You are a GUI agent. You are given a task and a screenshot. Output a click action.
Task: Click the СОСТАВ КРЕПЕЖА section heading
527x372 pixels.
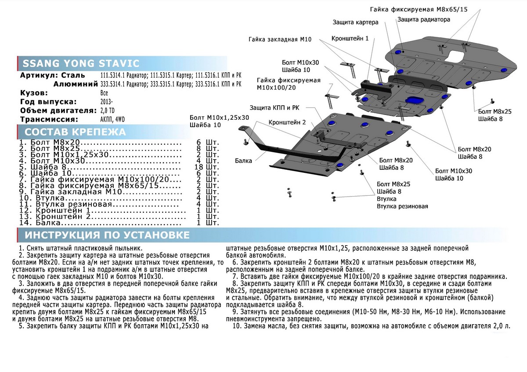click(75, 132)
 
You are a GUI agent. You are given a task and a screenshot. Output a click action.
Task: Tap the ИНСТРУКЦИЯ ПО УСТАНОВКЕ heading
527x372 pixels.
click(107, 235)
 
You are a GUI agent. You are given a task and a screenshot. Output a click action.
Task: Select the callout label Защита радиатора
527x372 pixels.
click(423, 20)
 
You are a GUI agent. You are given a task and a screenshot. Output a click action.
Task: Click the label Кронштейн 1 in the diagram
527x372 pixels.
click(350, 39)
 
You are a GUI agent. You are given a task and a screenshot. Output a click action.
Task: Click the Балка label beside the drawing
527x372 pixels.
click(243, 161)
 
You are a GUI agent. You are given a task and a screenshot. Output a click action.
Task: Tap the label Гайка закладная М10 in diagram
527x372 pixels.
click(280, 39)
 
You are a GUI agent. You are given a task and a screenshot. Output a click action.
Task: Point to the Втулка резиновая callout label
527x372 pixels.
click(402, 206)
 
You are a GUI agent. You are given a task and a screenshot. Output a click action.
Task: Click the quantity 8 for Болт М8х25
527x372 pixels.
click(202, 149)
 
